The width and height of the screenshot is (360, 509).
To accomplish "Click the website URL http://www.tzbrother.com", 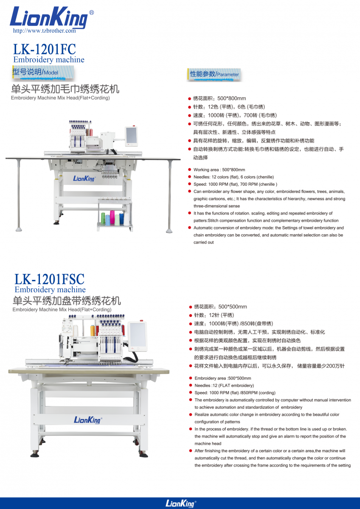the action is click(x=44, y=31).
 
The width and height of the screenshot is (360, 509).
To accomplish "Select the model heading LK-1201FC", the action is click(x=44, y=49).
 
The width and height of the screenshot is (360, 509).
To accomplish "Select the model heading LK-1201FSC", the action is click(x=49, y=279).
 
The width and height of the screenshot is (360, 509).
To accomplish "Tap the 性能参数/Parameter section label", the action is click(x=214, y=74).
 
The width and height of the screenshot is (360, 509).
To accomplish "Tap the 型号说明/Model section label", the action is click(x=35, y=72).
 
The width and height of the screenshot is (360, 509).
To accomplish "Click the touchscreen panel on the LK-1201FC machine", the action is click(x=131, y=136).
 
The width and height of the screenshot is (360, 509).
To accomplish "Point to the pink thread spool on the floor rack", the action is click(x=112, y=217).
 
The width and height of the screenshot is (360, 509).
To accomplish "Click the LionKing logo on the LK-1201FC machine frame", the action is click(x=84, y=179).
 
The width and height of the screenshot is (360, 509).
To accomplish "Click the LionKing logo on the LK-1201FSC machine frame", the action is click(x=88, y=420).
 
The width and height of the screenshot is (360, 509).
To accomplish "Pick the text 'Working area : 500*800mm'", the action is click(x=219, y=170).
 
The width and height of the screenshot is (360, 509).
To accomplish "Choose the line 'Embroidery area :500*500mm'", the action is click(x=222, y=378).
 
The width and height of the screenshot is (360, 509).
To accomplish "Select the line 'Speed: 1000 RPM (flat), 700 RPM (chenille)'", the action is click(x=235, y=184).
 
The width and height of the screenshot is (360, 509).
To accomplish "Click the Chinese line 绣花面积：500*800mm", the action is click(x=219, y=98).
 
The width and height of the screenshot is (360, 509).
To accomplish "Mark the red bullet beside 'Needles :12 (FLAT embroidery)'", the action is click(x=191, y=385).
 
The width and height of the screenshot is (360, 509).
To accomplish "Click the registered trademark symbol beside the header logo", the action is click(x=91, y=12).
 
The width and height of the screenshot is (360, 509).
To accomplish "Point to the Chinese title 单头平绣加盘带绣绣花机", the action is click(x=67, y=301).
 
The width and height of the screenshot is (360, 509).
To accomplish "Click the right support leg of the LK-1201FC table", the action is click(x=169, y=196).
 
